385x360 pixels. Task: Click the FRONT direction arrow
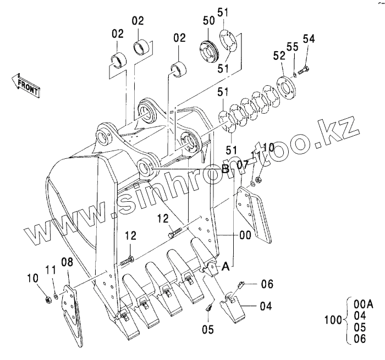25,85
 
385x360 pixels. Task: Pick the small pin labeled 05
209,307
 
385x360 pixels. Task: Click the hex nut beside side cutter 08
48,299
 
